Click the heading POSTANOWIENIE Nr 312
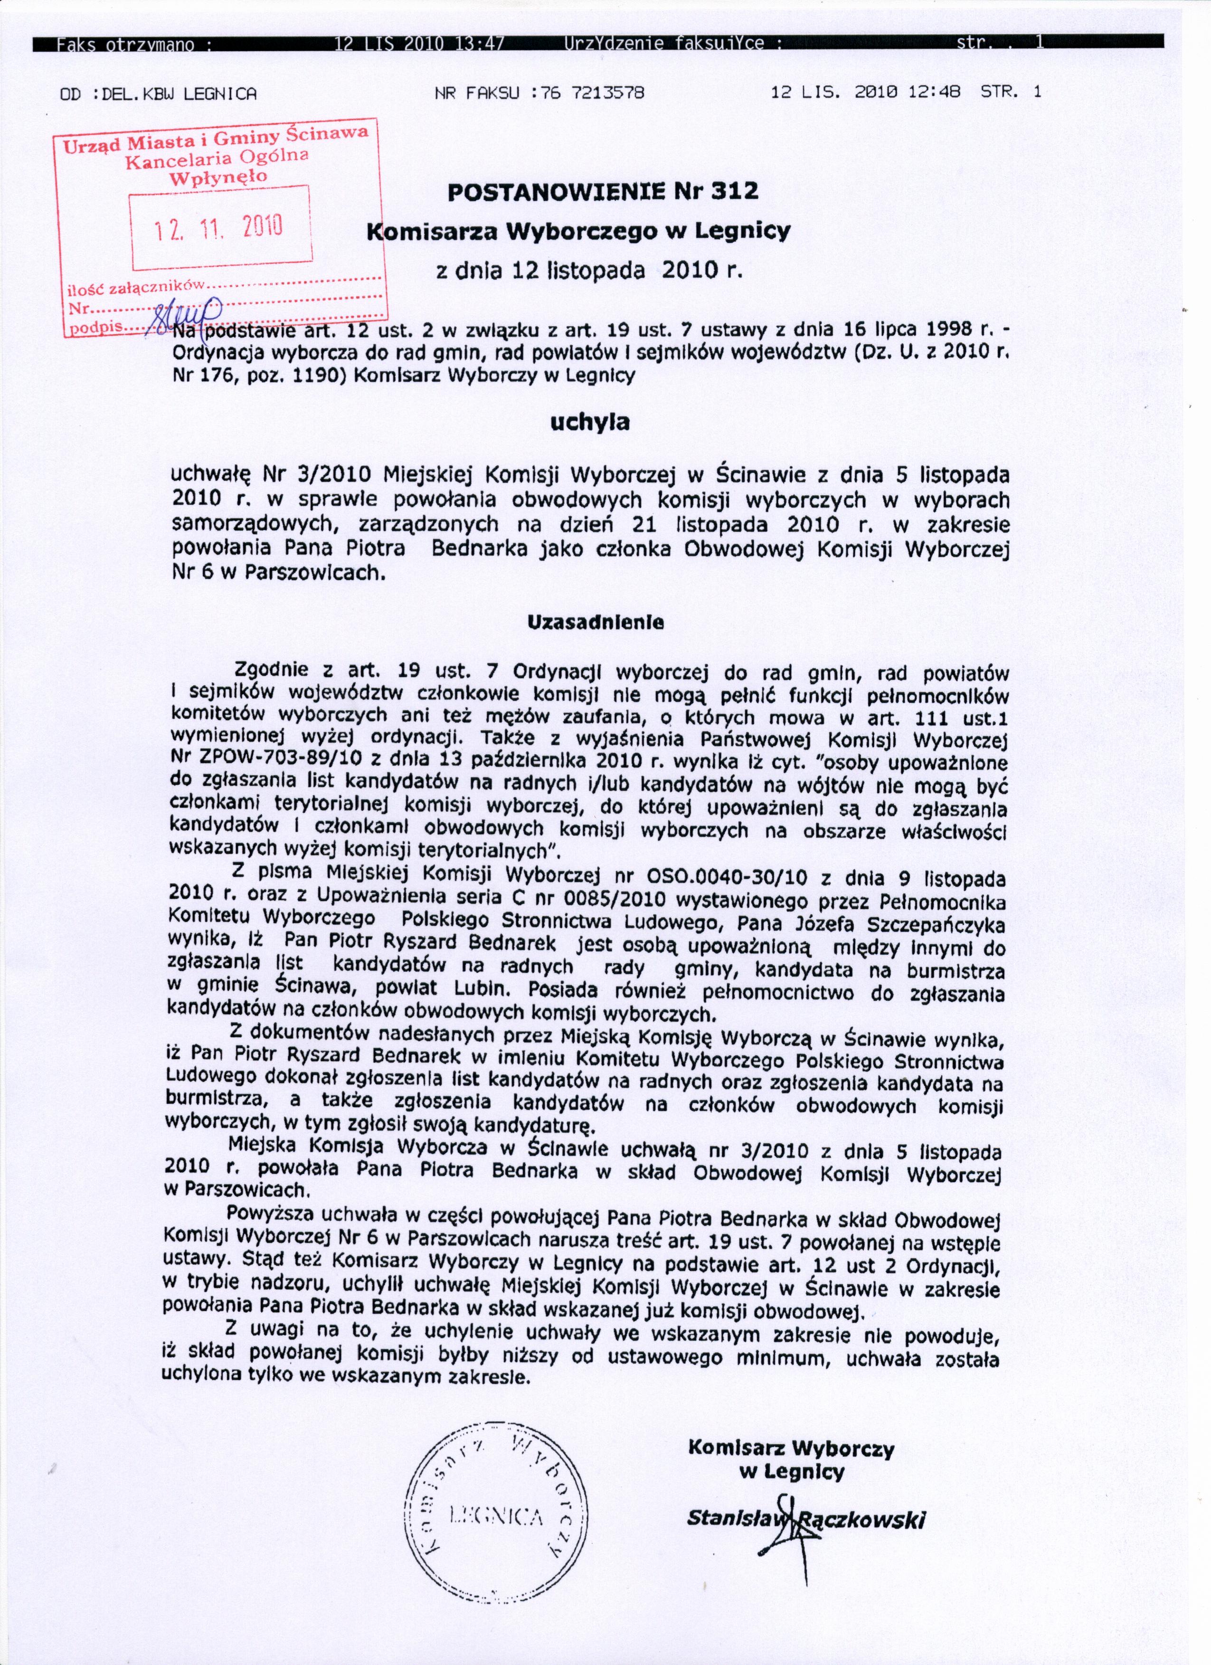tap(602, 192)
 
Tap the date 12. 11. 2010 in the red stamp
tap(219, 227)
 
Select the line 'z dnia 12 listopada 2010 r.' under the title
tap(590, 271)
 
